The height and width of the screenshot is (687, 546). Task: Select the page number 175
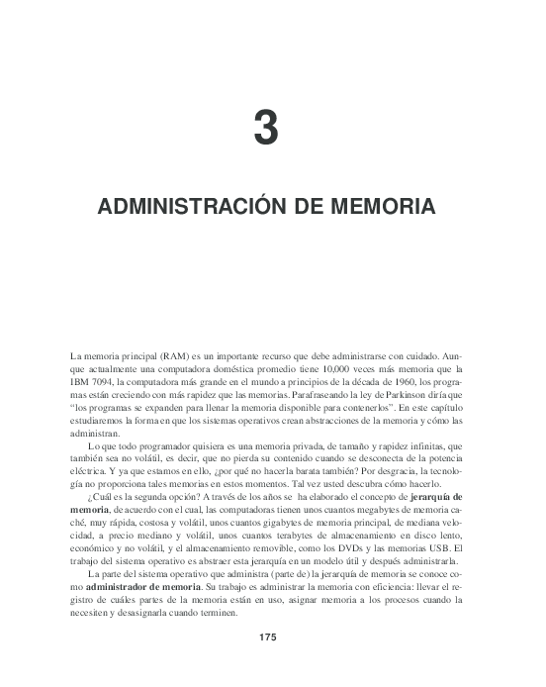click(x=267, y=608)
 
